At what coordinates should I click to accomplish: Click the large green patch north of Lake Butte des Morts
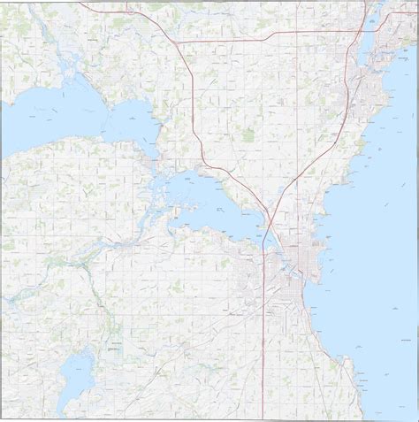click(248, 135)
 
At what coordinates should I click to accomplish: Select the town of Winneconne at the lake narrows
click(159, 163)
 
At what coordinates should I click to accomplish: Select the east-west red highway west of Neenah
click(265, 40)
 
